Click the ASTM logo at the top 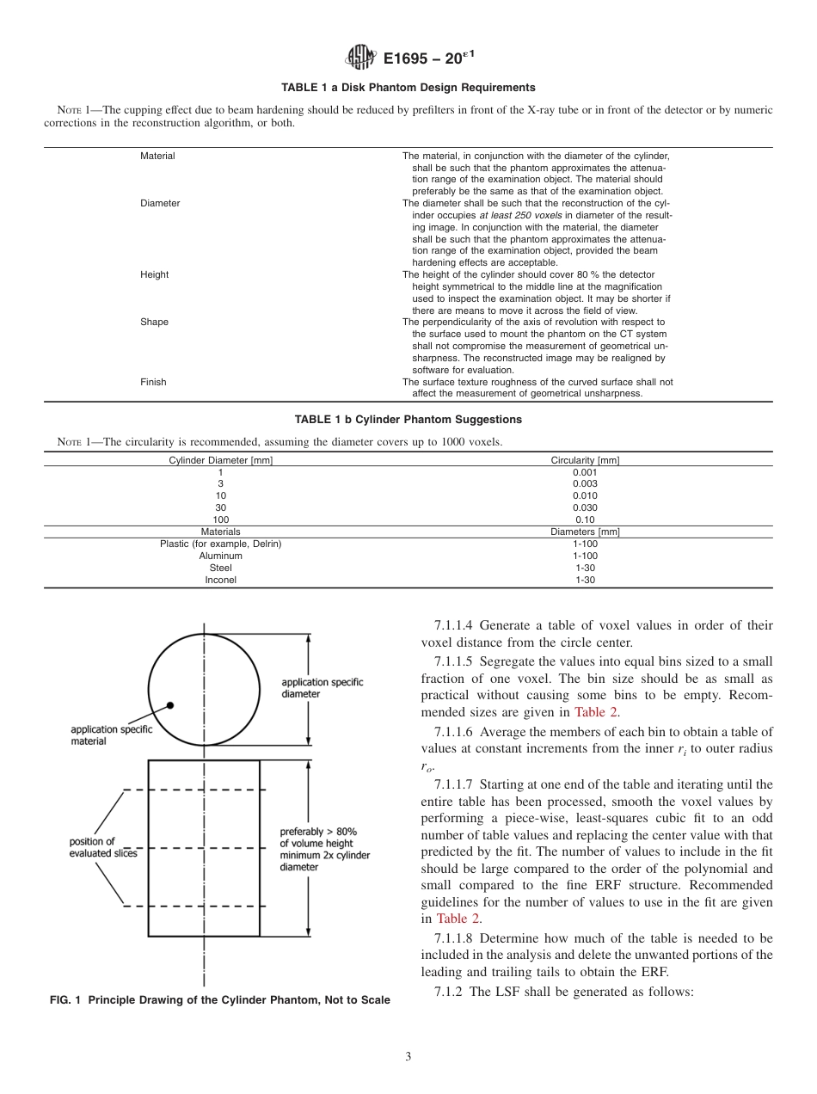[360, 58]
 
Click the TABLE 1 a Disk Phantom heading [408, 88]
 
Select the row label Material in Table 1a [157, 156]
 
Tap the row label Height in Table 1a [155, 274]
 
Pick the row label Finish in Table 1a [153, 382]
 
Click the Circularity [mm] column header [585, 460]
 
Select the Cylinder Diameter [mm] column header [220, 460]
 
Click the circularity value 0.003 [585, 483]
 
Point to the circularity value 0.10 [585, 519]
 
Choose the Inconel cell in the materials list [220, 580]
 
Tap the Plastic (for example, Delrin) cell [220, 544]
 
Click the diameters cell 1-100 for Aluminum [585, 556]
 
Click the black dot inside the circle [170, 704]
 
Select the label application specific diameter [322, 687]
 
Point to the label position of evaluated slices [103, 846]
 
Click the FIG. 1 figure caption [218, 999]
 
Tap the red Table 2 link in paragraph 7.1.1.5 [595, 711]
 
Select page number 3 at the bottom [408, 1056]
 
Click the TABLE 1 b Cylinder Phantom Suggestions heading [408, 420]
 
